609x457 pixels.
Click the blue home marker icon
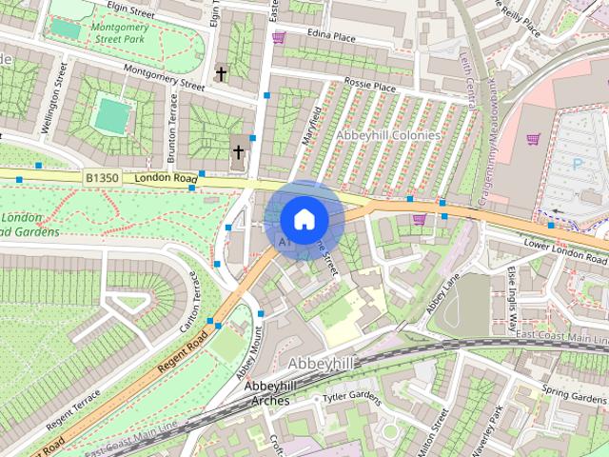coord(304,219)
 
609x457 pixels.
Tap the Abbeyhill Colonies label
coord(387,135)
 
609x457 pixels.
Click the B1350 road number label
coord(102,177)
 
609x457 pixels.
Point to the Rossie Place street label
coord(369,87)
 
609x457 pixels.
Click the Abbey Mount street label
coord(248,351)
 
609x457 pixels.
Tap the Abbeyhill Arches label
coord(274,393)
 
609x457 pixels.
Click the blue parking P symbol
coord(577,164)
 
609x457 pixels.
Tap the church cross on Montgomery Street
coord(221,72)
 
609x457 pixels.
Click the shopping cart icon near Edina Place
coord(279,37)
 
